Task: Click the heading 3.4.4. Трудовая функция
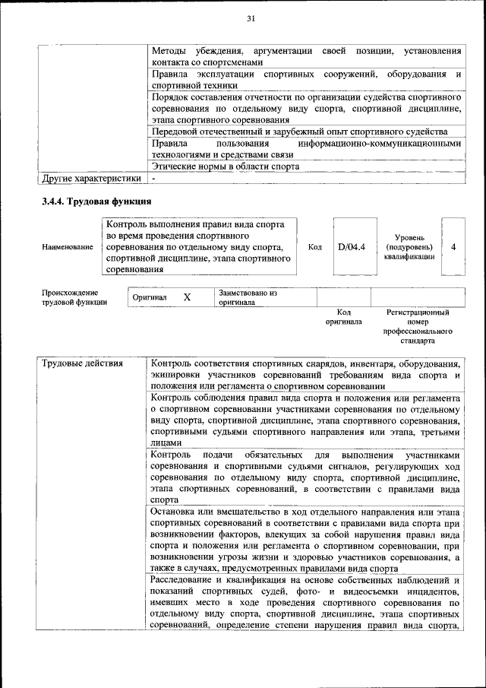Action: click(96, 201)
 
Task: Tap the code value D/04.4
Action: click(352, 247)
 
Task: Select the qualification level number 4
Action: click(453, 247)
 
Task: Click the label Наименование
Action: click(63, 248)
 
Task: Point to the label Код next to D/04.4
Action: click(315, 247)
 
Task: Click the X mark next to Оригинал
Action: click(186, 297)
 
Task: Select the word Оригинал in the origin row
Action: click(150, 297)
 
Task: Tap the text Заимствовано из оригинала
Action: click(248, 297)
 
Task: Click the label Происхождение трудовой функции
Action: click(70, 297)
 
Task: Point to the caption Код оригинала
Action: click(343, 317)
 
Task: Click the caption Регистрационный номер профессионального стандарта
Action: click(417, 327)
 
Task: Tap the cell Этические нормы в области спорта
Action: click(225, 166)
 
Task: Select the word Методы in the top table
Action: click(169, 51)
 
